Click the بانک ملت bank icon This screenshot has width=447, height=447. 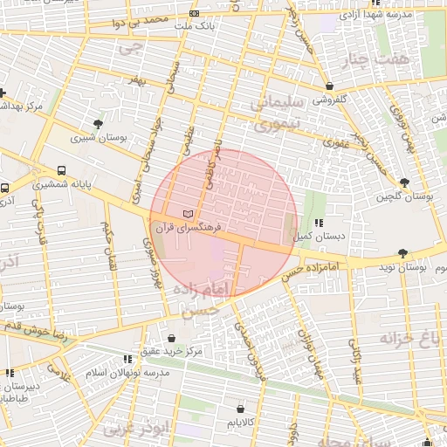(193, 14)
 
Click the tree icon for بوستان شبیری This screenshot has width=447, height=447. (97, 123)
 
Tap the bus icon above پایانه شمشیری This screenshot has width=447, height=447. (60, 171)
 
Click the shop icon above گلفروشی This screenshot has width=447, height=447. (328, 86)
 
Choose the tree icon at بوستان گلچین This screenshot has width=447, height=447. (402, 182)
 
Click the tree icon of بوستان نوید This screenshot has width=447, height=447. (402, 253)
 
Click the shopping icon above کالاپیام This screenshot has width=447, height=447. (240, 409)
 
